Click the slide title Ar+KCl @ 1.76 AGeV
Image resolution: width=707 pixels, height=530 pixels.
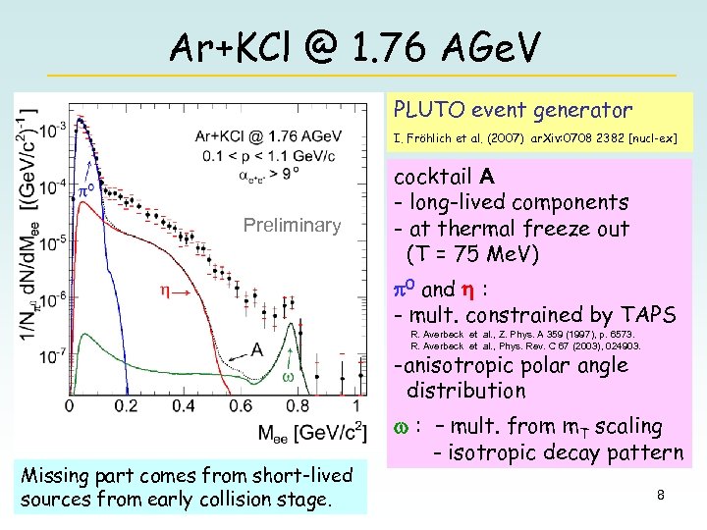[353, 44]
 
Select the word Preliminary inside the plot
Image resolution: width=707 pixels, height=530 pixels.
[293, 226]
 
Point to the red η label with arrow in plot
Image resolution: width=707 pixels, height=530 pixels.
[175, 291]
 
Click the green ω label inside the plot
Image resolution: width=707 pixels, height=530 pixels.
[289, 378]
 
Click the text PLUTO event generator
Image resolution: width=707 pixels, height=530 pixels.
[513, 110]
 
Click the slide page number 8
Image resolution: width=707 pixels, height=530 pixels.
[661, 495]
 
